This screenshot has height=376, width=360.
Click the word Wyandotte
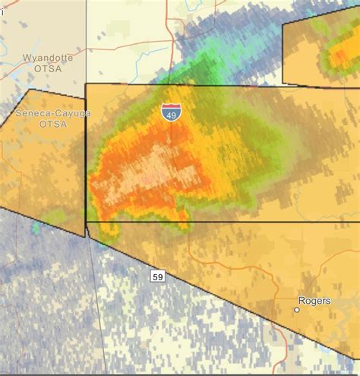pyautogui.click(x=45, y=57)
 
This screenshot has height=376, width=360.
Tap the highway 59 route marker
pyautogui.click(x=157, y=276)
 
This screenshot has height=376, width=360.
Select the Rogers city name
pyautogui.click(x=314, y=301)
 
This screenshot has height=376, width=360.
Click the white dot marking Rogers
pyautogui.click(x=296, y=309)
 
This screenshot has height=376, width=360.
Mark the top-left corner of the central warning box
pyautogui.click(x=86, y=84)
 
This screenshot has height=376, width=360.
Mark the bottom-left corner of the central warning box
pyautogui.click(x=87, y=222)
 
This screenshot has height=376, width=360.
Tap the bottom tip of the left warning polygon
pyautogui.click(x=84, y=236)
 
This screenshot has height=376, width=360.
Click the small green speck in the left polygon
pyautogui.click(x=36, y=227)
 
